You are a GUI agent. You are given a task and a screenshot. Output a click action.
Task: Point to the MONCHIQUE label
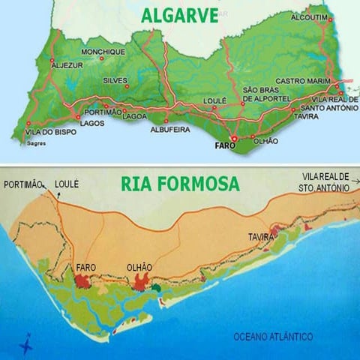(103, 52)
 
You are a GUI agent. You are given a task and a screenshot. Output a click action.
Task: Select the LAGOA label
(133, 116)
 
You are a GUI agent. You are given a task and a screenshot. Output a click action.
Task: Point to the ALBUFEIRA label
(169, 130)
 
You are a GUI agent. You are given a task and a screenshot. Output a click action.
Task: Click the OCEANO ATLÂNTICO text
(273, 336)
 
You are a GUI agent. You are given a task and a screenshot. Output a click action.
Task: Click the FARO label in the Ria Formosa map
(87, 266)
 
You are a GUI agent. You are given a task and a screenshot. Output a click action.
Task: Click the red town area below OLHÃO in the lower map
(141, 280)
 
